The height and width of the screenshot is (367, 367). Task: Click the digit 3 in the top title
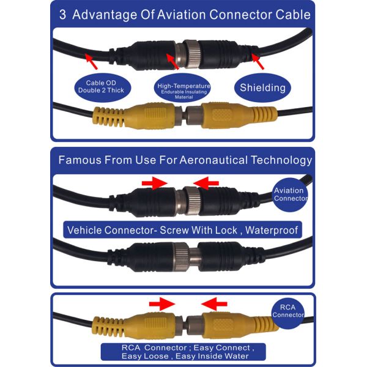click(62, 15)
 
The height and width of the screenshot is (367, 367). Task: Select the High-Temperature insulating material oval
click(183, 89)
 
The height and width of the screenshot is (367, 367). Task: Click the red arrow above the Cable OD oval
click(93, 59)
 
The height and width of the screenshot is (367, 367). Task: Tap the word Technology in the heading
click(284, 161)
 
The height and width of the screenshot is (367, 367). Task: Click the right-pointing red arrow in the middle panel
click(155, 182)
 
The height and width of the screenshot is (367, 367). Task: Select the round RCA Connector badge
click(288, 310)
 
